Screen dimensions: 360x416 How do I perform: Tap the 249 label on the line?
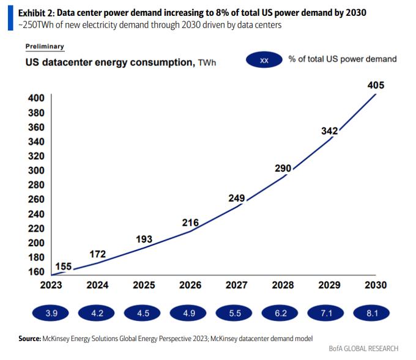pos(236,198)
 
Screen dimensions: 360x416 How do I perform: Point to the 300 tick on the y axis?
pos(36,171)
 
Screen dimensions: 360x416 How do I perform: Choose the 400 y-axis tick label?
pos(36,98)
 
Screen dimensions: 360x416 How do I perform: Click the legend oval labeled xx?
pos(264,60)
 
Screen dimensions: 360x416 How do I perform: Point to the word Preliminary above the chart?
pos(45,46)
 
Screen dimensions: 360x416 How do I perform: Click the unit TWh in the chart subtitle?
pos(207,62)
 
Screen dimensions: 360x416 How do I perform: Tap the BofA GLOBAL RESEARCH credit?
pos(363,348)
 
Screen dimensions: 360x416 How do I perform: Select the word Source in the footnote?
pos(29,337)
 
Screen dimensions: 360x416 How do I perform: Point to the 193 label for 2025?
pos(144,238)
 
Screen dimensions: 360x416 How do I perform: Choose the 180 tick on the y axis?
pos(36,257)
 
